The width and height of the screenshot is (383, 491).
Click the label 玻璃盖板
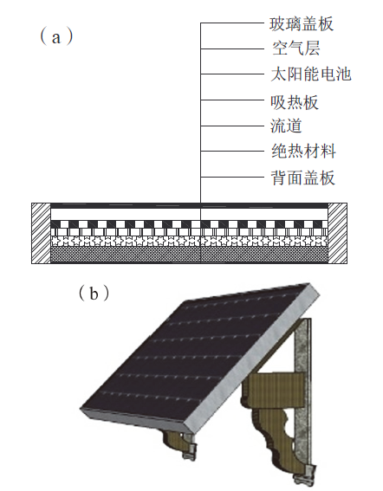[302, 24]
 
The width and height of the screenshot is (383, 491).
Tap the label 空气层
[295, 48]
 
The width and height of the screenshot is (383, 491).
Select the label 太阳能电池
[311, 74]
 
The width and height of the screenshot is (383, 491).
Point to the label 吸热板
[295, 102]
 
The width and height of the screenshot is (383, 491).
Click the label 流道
[286, 126]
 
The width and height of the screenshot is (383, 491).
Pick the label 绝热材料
[303, 152]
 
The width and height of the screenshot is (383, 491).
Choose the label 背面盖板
[303, 178]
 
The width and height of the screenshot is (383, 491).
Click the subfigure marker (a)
[56, 37]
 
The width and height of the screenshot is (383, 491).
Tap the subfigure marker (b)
[94, 293]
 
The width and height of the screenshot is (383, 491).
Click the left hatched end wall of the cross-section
[41, 233]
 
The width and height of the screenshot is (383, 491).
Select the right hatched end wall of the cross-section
[338, 233]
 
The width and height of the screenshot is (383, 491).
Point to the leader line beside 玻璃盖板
[232, 23]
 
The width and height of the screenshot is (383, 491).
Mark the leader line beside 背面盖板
[232, 178]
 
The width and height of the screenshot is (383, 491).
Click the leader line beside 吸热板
[232, 100]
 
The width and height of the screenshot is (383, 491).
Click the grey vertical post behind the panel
[302, 391]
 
